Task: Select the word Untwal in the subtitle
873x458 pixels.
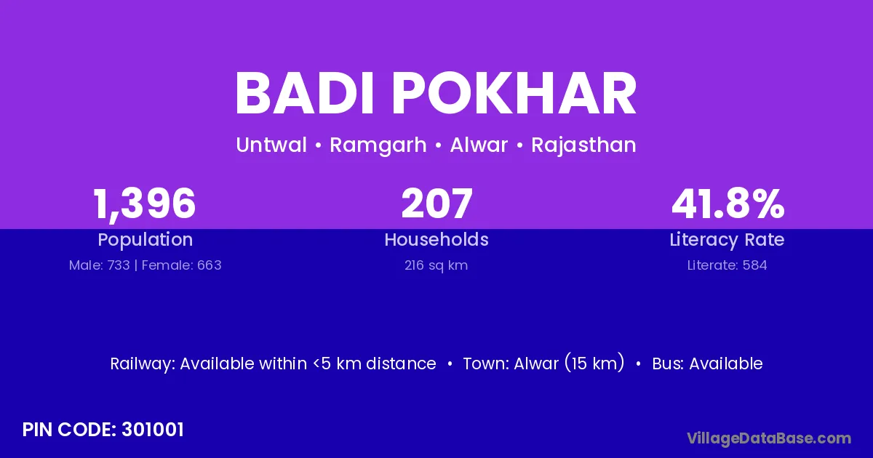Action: point(271,145)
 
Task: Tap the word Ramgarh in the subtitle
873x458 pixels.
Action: point(378,145)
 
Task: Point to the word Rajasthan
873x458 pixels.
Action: point(583,145)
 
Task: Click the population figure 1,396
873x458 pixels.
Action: point(144,204)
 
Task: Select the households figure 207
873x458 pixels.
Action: point(436,204)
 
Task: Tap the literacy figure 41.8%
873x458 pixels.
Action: point(727,204)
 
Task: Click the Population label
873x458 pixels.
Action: point(145,240)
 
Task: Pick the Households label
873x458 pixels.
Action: point(436,239)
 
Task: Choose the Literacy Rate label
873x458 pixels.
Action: point(727,240)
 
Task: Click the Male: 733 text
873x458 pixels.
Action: point(100,265)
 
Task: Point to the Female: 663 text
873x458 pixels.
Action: point(182,265)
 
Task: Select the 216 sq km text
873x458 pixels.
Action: point(436,266)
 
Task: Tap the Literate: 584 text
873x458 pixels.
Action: point(727,265)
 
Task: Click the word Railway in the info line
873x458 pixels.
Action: point(143,364)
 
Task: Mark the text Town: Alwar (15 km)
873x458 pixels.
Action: point(543,363)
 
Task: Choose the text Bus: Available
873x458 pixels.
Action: point(707,363)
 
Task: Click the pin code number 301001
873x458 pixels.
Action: point(152,430)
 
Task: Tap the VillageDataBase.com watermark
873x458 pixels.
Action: point(769,439)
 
